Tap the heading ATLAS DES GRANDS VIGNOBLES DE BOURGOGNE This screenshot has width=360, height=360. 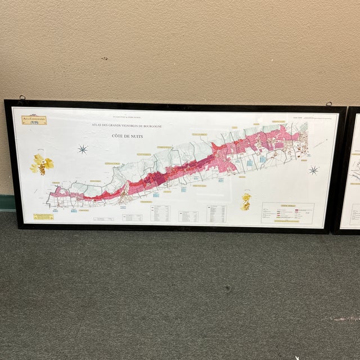[127, 127]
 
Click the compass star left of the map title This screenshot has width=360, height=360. [83, 149]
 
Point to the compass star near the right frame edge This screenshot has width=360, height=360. [313, 170]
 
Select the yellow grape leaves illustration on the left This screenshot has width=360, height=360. [42, 164]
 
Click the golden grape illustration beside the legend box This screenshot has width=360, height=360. [246, 201]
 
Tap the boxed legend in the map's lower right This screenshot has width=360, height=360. [287, 213]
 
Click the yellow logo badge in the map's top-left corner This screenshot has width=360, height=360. [34, 119]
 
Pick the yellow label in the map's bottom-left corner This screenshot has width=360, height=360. [43, 217]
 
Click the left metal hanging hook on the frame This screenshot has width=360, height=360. [22, 98]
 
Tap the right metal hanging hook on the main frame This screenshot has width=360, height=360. [328, 103]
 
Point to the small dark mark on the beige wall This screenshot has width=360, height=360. [103, 58]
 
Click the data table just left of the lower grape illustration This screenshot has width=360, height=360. [217, 213]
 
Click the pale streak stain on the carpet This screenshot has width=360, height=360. [344, 319]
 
